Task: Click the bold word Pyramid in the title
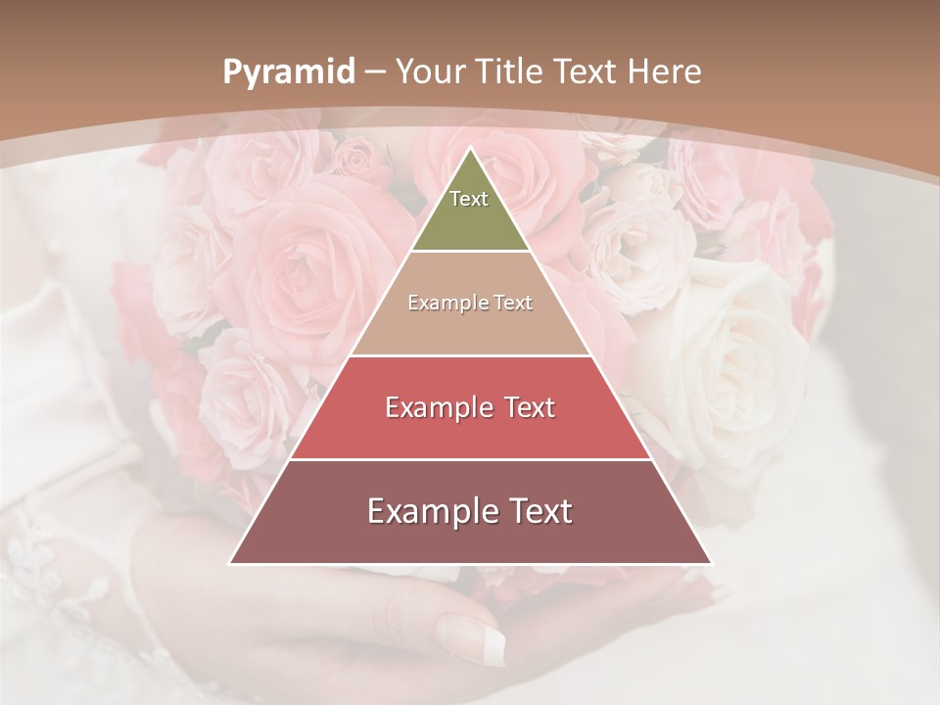288,72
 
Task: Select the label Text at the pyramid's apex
469,199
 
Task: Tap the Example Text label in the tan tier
470,303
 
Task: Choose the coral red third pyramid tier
470,431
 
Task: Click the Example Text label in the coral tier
470,407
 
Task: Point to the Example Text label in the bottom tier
470,511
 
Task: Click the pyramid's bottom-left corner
230,563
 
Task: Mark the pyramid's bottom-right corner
711,563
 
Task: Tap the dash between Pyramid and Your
375,72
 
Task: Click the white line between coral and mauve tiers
470,459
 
